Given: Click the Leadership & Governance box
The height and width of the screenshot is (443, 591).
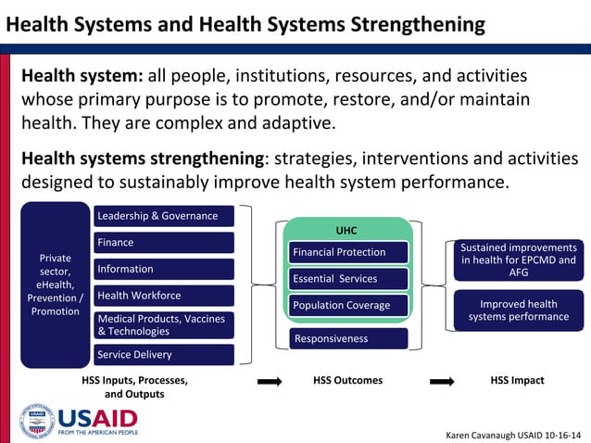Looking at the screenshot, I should (x=164, y=216).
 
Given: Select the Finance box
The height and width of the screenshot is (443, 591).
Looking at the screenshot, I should (x=164, y=243).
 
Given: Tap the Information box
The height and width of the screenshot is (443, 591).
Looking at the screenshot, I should (x=164, y=270).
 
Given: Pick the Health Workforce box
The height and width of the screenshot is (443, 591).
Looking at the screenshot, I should (x=164, y=296).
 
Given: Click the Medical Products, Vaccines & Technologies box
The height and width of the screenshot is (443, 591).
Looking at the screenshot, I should (x=164, y=324).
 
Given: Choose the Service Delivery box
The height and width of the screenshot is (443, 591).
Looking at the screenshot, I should (x=164, y=354).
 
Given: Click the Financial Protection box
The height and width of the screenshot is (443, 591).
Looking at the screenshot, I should (x=349, y=252).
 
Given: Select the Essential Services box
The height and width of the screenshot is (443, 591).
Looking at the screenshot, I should (x=349, y=278).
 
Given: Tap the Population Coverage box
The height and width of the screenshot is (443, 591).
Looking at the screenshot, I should (x=349, y=305).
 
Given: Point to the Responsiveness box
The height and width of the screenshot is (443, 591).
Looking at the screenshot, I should (x=349, y=338).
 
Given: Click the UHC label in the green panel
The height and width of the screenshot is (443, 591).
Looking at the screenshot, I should (x=346, y=230).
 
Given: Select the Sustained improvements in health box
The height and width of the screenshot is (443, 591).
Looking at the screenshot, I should (x=519, y=260).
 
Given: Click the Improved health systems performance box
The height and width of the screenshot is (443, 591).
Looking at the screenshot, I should (x=519, y=310).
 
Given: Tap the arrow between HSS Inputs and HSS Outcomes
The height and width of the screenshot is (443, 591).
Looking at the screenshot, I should (x=269, y=381).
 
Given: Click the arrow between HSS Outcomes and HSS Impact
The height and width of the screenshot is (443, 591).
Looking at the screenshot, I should (x=443, y=381).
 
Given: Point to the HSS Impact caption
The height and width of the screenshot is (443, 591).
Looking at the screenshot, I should (x=517, y=380).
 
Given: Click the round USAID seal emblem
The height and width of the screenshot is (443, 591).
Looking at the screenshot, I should (x=37, y=421).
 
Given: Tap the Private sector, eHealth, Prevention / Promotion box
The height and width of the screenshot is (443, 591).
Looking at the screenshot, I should (x=55, y=285).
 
